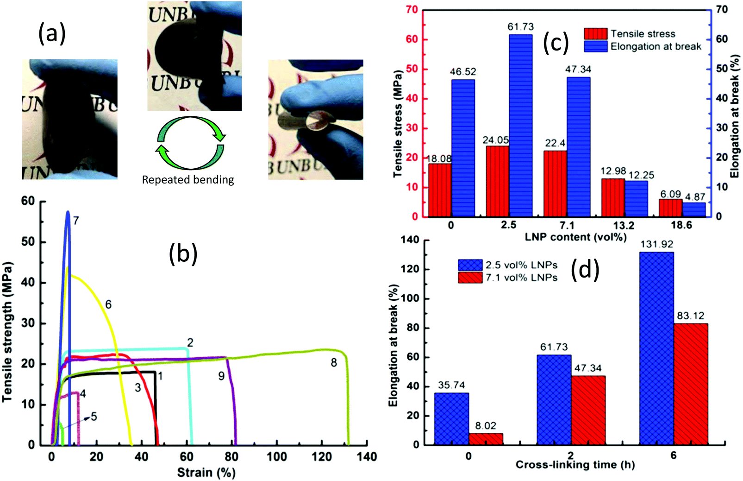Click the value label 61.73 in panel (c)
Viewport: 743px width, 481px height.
(x=520, y=27)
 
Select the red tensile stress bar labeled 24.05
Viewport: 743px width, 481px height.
(x=497, y=181)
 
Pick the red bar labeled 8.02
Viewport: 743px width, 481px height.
(x=486, y=439)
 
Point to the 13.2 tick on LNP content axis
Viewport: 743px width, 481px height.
(x=624, y=226)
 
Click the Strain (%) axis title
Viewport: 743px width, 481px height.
(x=206, y=473)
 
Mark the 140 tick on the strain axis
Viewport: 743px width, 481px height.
(x=367, y=457)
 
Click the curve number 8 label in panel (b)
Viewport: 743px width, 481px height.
(x=334, y=363)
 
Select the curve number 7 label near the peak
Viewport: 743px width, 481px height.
(x=76, y=221)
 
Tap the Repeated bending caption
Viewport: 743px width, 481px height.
(x=188, y=180)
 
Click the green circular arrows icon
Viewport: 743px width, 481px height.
(x=190, y=143)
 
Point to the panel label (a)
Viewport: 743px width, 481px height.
(x=52, y=34)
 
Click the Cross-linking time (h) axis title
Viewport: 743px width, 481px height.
(x=575, y=465)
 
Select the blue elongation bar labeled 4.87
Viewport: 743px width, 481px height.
(x=693, y=209)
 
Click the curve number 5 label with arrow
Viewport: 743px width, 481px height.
(x=94, y=417)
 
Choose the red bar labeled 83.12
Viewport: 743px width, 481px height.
(x=691, y=384)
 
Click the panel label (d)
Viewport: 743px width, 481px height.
(x=585, y=270)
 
